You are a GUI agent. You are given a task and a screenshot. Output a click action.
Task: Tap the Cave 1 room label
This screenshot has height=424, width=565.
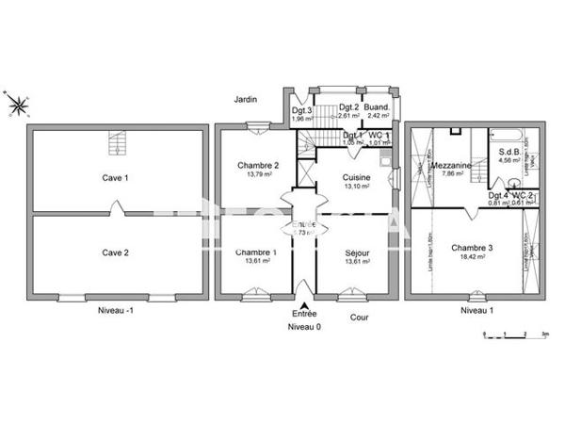click(116, 177)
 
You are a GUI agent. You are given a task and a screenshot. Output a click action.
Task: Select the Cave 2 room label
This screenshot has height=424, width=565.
click(116, 252)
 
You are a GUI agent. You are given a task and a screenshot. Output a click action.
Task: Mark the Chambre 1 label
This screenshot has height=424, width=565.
click(256, 252)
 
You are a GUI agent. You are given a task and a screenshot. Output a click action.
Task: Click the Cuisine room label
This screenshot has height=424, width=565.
click(356, 176)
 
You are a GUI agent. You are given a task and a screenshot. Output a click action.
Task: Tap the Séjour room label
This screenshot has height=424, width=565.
click(357, 252)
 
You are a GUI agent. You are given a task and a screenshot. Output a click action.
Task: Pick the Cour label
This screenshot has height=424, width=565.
click(359, 318)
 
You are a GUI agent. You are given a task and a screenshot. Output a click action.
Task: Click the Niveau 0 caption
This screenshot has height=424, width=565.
click(304, 326)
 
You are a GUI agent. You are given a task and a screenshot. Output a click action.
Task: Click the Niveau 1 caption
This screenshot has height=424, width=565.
click(476, 310)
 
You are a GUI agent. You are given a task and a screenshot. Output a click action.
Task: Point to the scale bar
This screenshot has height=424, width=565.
click(514, 333)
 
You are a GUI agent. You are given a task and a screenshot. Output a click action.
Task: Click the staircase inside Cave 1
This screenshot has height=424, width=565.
click(118, 144)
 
